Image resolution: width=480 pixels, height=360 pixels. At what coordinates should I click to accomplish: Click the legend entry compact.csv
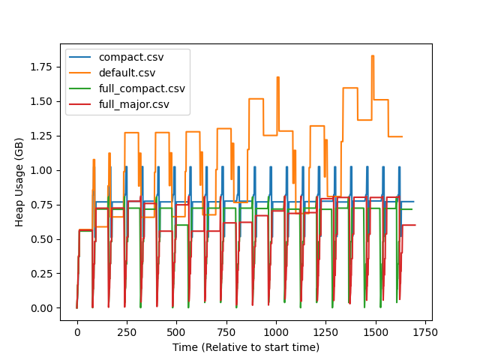click(130, 58)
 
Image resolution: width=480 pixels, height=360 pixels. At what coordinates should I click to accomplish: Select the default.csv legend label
click(130, 73)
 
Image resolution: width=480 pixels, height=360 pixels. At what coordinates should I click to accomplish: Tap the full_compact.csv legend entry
click(142, 88)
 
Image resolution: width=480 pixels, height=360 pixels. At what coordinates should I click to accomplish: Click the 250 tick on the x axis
click(127, 331)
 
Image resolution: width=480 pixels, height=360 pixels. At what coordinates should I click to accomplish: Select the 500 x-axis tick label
click(176, 331)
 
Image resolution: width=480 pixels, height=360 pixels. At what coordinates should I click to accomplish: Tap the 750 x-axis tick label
click(226, 331)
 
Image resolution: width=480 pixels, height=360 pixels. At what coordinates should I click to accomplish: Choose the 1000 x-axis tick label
click(276, 331)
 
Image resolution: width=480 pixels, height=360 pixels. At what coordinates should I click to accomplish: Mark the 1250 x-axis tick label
click(325, 331)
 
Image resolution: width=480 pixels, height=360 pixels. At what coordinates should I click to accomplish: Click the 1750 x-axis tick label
click(424, 331)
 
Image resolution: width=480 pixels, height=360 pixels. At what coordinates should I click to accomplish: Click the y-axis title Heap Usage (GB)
click(21, 181)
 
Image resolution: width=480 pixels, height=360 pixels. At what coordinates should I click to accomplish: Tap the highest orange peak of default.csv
click(372, 56)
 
